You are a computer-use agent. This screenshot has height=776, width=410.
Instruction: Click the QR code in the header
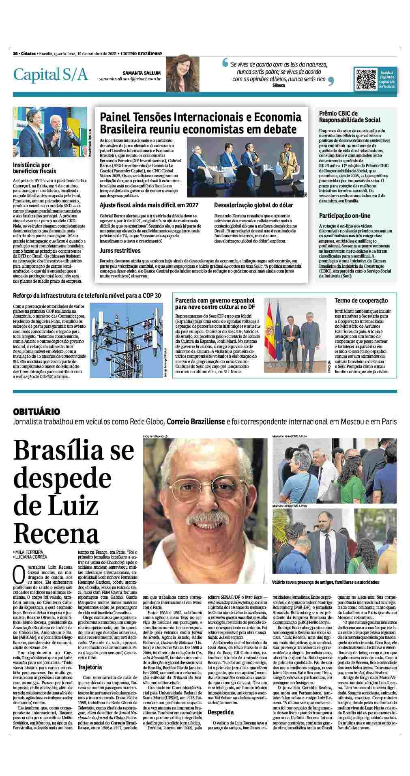[365, 79]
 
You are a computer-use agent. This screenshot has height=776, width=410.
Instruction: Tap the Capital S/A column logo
[51, 74]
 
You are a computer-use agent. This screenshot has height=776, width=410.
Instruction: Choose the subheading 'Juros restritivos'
[120, 251]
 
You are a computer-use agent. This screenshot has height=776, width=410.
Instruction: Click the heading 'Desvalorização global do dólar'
[253, 205]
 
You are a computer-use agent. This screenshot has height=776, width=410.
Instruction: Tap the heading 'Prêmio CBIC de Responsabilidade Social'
[350, 117]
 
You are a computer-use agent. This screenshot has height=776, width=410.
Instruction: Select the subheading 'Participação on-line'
[344, 215]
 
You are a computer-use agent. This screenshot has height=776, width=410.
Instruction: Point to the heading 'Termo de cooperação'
[361, 301]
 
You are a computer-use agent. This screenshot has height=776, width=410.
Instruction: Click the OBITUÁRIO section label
[36, 411]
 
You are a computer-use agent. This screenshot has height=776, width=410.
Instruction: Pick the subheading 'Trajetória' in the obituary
[90, 667]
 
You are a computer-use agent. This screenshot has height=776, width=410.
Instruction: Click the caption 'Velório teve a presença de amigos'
[326, 582]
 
